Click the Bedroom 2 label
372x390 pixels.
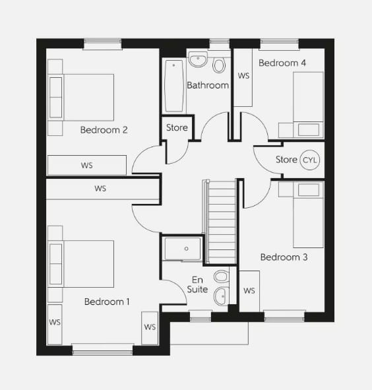(104, 130)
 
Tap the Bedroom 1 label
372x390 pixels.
(107, 302)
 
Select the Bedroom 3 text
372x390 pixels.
(284, 257)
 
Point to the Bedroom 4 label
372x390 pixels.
(282, 63)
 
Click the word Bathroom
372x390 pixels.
(208, 85)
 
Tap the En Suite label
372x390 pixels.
(198, 284)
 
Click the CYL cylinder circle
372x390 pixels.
(309, 160)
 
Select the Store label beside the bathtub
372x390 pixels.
(177, 127)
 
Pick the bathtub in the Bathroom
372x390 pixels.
(174, 86)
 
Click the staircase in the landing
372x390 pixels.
(221, 222)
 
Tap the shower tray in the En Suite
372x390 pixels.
(183, 249)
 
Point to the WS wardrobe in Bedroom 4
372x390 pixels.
(243, 77)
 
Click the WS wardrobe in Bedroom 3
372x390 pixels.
(249, 290)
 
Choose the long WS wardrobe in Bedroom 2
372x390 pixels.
(86, 165)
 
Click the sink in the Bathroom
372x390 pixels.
(199, 60)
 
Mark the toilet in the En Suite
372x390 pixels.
(221, 276)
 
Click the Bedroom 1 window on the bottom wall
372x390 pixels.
(102, 349)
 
